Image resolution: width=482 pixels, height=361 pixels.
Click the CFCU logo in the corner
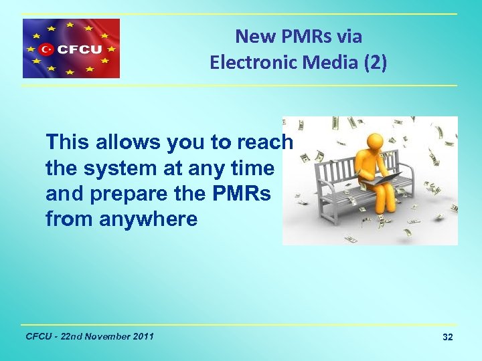(x=71, y=48)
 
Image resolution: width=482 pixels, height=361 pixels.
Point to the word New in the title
(x=250, y=36)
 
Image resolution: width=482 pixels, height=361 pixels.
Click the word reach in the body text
(x=267, y=142)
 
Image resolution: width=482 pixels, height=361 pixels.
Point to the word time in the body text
(x=253, y=168)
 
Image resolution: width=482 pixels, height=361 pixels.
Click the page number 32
(x=447, y=338)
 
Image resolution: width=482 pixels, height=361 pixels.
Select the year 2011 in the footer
(x=142, y=336)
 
